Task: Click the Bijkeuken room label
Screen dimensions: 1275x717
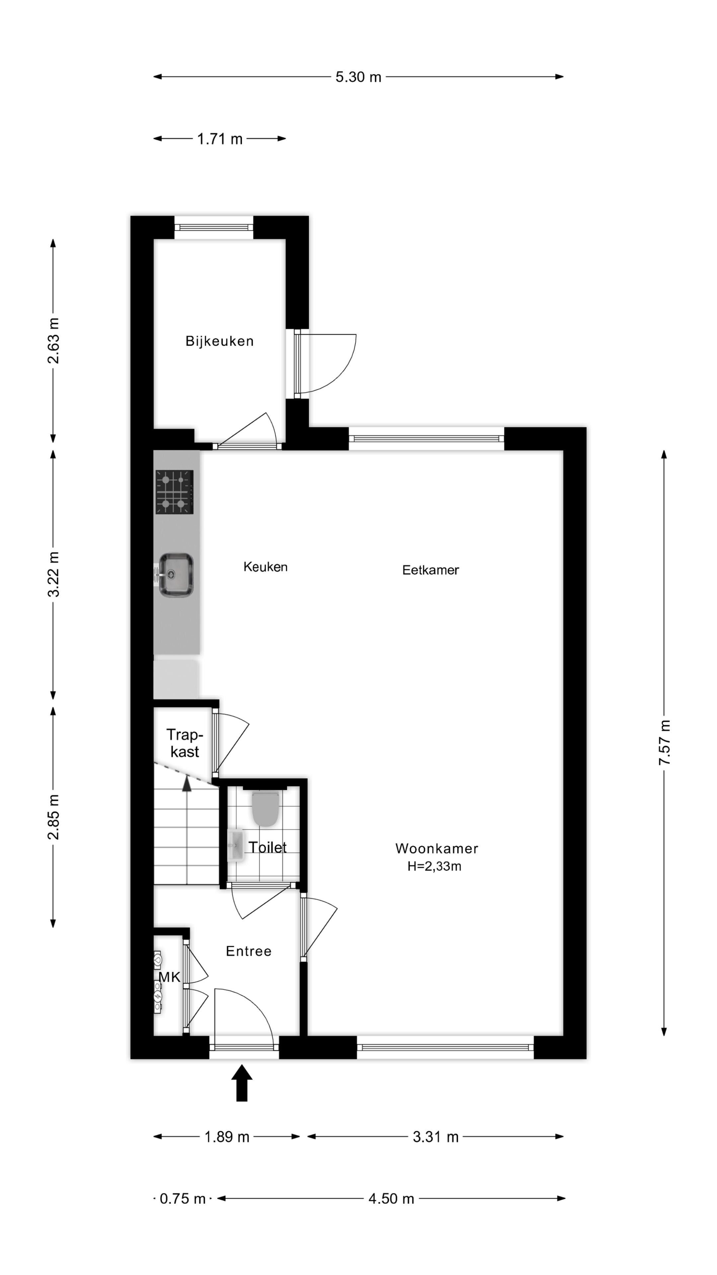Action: click(x=219, y=341)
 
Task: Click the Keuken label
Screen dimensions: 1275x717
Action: click(x=265, y=567)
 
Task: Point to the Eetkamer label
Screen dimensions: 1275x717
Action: click(x=430, y=570)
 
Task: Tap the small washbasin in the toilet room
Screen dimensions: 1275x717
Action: click(x=236, y=846)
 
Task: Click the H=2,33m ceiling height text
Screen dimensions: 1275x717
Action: click(x=434, y=866)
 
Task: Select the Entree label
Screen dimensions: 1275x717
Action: click(x=248, y=951)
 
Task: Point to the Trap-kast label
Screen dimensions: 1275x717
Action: click(x=185, y=743)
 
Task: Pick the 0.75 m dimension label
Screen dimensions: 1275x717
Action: click(x=182, y=1199)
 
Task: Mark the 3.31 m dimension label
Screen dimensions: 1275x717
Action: click(x=436, y=1137)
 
